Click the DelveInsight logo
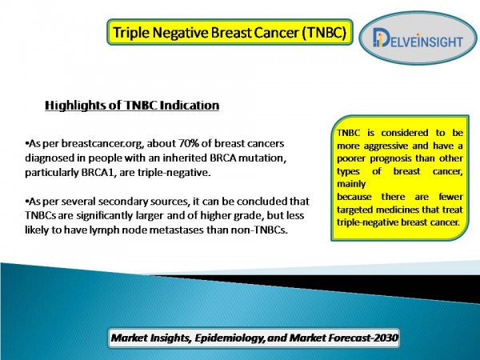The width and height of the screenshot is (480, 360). (418, 38)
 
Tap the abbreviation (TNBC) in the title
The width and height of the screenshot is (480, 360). (324, 33)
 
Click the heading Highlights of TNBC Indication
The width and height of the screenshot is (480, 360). (132, 106)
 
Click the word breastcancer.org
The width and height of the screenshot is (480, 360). (102, 143)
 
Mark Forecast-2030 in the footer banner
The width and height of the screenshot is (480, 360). (363, 338)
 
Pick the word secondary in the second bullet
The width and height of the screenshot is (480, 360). (123, 202)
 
